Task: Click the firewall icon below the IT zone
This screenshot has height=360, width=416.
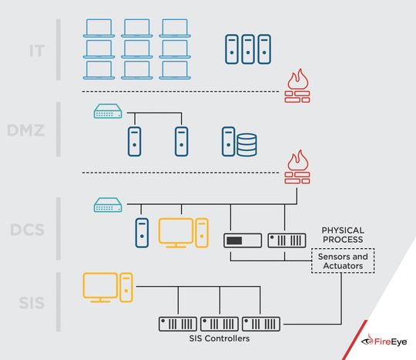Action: pos(297,86)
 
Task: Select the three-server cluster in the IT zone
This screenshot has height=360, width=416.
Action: pos(248,49)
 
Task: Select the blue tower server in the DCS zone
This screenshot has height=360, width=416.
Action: pos(141,233)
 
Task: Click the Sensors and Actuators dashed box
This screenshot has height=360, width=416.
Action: pos(342,261)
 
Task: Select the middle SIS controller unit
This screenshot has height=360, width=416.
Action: pos(220,324)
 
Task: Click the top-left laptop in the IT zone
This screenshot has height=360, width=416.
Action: pos(100,29)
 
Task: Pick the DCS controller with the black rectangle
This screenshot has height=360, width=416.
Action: pos(243,241)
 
